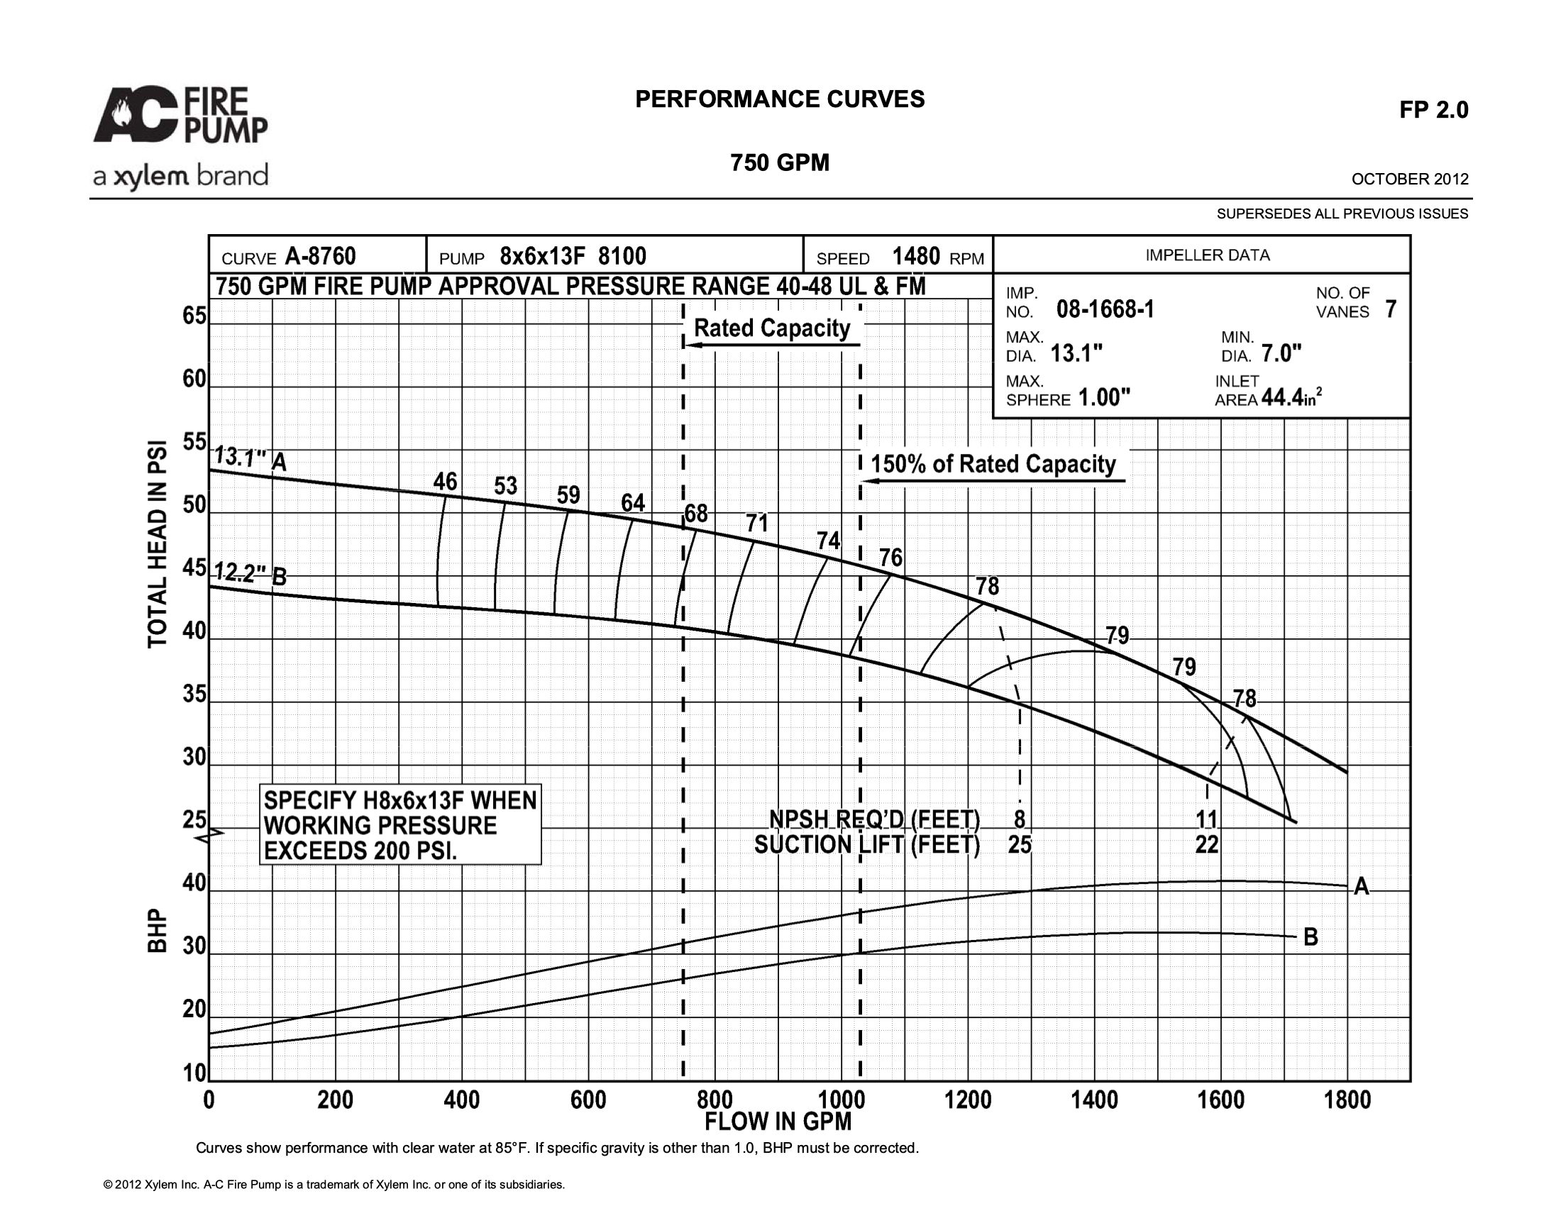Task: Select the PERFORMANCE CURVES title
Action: point(780,99)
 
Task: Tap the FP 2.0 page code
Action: point(1434,110)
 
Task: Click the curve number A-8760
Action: point(320,256)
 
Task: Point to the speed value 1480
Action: point(915,256)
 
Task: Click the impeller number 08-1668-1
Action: point(1105,309)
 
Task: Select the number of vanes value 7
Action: point(1390,309)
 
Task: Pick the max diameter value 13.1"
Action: point(1076,354)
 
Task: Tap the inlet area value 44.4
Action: point(1282,397)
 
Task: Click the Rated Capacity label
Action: point(772,328)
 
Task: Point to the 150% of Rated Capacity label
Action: point(993,464)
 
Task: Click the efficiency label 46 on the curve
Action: point(446,482)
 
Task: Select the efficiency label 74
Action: point(828,541)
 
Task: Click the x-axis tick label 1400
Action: point(1094,1100)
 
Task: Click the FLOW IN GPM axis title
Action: point(778,1122)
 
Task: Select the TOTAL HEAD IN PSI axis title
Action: point(158,544)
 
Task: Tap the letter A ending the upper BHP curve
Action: point(1362,887)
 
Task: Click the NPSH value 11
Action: point(1206,819)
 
